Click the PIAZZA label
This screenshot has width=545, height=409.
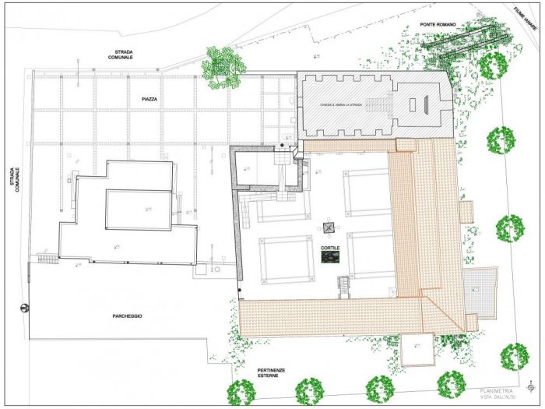150,100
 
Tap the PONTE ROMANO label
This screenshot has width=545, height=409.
437,24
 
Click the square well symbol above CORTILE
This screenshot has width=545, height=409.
329,228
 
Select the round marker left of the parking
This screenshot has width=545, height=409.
24,307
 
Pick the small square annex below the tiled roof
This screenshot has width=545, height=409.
417,350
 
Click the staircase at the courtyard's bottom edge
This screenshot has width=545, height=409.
343,287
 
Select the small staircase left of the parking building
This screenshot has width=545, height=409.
47,258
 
